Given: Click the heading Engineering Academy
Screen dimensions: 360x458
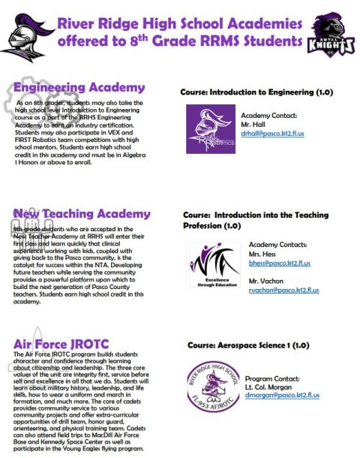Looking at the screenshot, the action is pyautogui.click(x=79, y=88).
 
